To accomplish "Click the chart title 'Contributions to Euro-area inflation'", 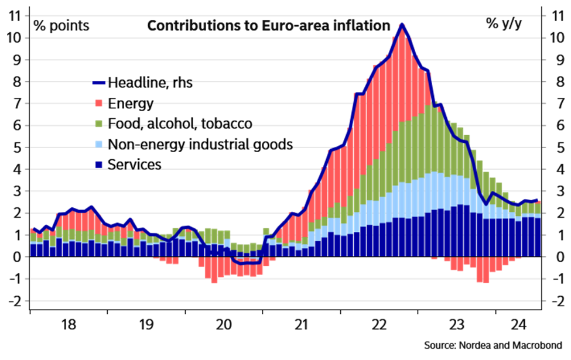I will click(268, 26).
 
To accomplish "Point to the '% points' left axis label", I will click(61, 26).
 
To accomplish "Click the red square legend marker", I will click(98, 103).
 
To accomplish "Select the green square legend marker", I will click(98, 124).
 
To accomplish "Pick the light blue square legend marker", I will click(98, 144).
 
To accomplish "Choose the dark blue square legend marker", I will click(98, 165).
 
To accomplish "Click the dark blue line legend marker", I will click(98, 83).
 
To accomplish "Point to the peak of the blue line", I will click(402, 25).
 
